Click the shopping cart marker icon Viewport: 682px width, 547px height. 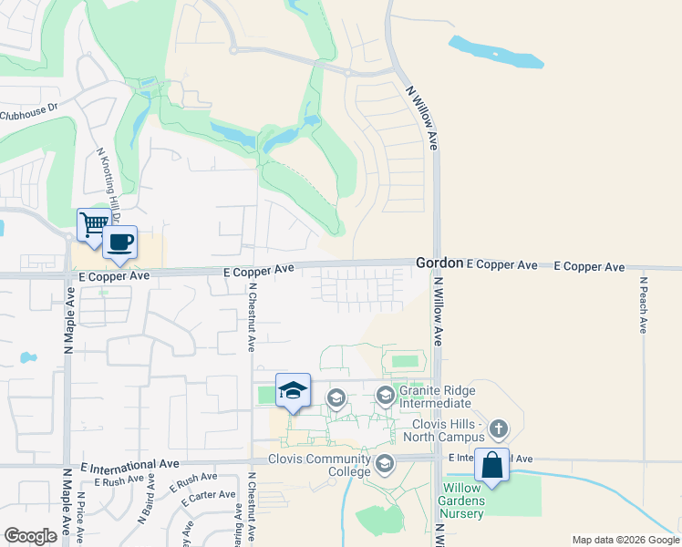coord(94,223)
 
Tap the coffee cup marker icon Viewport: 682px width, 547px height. coord(119,243)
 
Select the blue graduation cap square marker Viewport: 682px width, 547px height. coord(293,390)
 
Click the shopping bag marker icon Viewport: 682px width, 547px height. coord(491,465)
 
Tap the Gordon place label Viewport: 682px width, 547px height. coord(439,263)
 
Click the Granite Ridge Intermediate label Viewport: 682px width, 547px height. coord(435,397)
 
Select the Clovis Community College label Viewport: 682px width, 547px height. coord(320,465)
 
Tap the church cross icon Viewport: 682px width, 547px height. coord(498,427)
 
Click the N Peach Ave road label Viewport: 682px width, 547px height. coord(643,304)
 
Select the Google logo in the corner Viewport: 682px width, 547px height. coord(31,536)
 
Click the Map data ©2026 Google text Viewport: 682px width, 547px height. coord(625,540)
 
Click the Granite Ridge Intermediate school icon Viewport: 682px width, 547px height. coord(386,394)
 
